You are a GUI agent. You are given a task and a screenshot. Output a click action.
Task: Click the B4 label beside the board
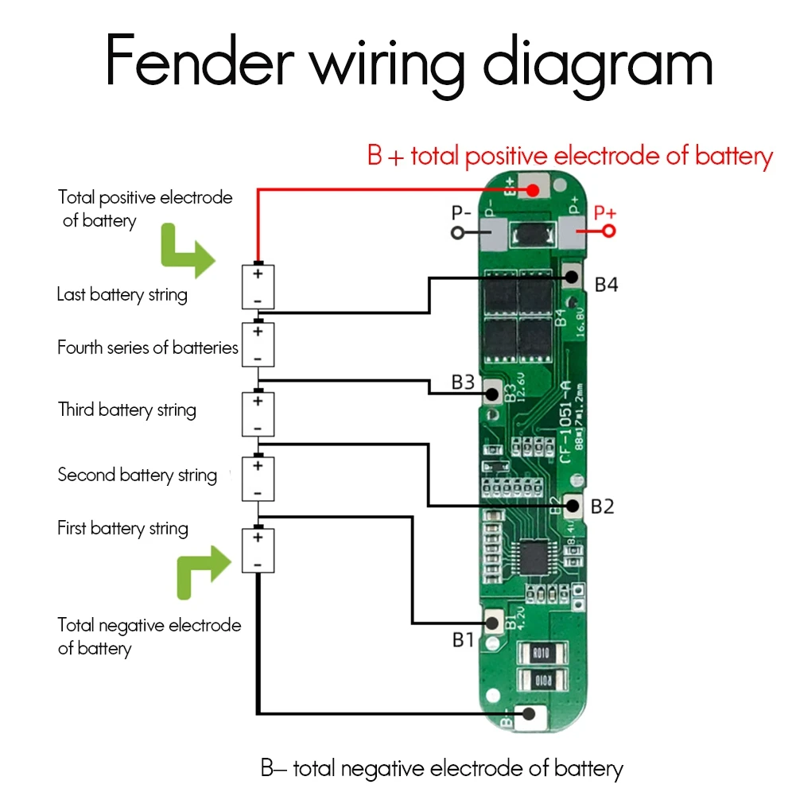click(x=606, y=284)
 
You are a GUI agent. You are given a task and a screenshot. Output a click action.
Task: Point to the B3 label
click(x=463, y=382)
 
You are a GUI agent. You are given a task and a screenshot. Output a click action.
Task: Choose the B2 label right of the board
click(x=604, y=507)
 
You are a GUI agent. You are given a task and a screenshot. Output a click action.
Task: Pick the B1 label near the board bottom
click(x=464, y=639)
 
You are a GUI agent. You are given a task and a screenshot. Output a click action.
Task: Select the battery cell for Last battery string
click(x=258, y=287)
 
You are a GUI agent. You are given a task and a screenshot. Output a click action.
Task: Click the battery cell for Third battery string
click(x=258, y=414)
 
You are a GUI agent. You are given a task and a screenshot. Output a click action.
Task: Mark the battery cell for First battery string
click(x=258, y=550)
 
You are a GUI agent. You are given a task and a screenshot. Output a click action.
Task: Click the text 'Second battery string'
click(x=137, y=476)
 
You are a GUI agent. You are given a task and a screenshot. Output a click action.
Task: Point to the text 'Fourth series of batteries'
click(x=147, y=348)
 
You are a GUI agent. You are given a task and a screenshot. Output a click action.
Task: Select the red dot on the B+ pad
click(x=531, y=189)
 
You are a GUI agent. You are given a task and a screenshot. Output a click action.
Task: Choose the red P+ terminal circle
click(x=609, y=231)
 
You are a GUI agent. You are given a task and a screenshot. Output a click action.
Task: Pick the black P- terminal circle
click(x=457, y=232)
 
